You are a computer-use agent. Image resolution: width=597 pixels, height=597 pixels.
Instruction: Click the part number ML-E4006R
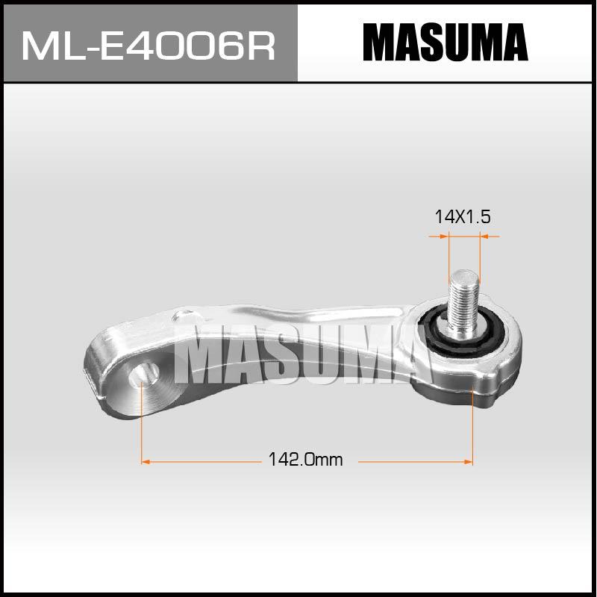(x=149, y=46)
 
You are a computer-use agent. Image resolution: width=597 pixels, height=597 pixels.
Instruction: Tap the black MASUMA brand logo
(x=445, y=43)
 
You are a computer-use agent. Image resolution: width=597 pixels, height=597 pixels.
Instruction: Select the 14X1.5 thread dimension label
(x=462, y=217)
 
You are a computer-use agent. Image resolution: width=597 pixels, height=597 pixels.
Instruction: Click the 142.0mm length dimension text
(x=305, y=460)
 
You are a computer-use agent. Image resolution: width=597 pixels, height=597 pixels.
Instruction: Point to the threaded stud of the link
(x=462, y=301)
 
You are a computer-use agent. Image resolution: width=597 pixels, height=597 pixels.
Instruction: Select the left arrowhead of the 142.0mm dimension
(x=146, y=462)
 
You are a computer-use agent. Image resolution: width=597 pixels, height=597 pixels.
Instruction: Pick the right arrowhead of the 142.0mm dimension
(x=469, y=462)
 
